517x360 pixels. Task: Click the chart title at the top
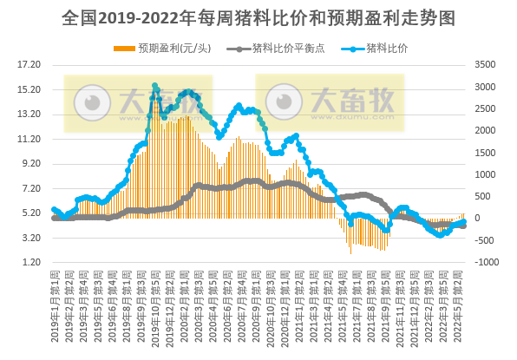pos(258,17)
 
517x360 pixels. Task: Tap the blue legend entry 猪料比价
pos(378,48)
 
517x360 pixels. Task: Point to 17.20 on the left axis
pos(30,65)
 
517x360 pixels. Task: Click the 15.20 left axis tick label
pos(30,89)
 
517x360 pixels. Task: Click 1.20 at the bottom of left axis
pos(32,262)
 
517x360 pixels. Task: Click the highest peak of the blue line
pos(155,86)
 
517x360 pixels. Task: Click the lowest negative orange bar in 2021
pos(350,252)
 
